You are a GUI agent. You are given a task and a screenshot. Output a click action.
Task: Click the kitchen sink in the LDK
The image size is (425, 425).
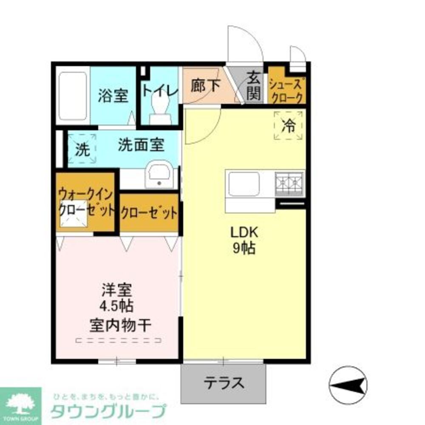(244, 184)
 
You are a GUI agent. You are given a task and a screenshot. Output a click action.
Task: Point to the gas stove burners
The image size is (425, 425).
(289, 184)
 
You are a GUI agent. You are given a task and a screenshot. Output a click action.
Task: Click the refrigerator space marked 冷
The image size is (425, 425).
(289, 125)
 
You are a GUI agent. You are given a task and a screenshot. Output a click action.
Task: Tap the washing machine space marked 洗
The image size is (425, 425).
(82, 149)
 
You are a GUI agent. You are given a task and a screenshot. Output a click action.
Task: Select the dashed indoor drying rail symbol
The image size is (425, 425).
(119, 340)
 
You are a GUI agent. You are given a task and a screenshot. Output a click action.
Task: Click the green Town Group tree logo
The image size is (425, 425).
(20, 404)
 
